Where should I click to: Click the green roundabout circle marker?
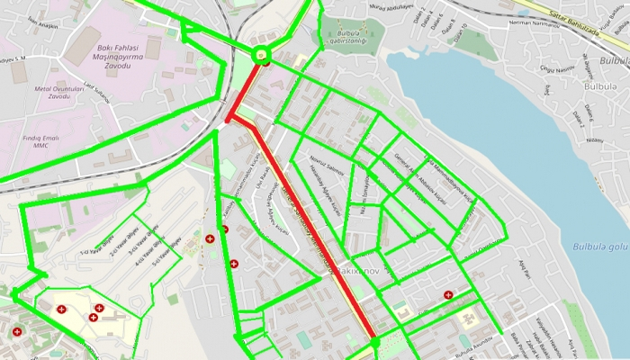pos(261,54)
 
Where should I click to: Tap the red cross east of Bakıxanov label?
pos(448,294)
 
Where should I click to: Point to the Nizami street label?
pos(594,139)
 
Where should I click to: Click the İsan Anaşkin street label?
pos(36,22)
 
